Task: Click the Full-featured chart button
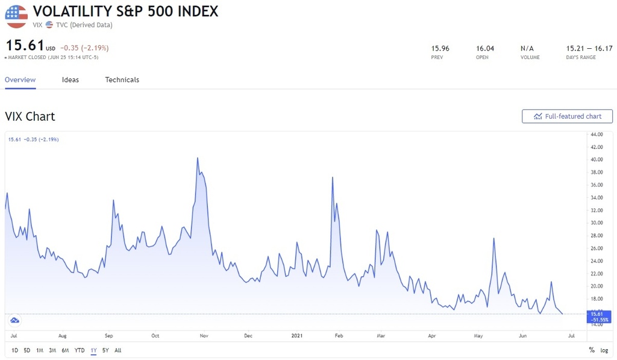coord(567,116)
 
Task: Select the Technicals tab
coord(122,80)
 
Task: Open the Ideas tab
coord(70,80)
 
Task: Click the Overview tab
coord(20,80)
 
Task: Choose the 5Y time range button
coord(105,350)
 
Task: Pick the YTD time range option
coord(80,350)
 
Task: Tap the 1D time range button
coord(15,350)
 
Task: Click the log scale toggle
coord(604,350)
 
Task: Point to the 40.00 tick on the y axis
coord(596,160)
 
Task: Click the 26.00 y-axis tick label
coord(596,248)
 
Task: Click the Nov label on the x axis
coord(203,335)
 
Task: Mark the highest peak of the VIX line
coord(198,158)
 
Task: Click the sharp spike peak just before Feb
coord(333,177)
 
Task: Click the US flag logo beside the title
coord(16,16)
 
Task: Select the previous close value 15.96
coord(440,48)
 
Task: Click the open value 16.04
coord(485,48)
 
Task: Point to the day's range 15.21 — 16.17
coord(589,48)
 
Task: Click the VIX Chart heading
coord(30,116)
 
